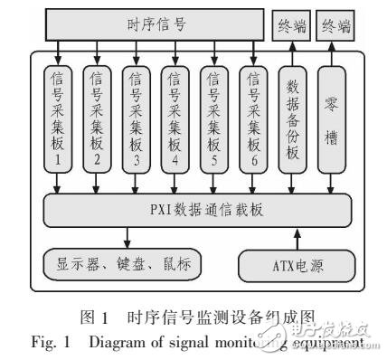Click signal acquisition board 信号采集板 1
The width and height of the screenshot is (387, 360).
(59, 120)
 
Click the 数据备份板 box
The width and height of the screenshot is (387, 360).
(292, 120)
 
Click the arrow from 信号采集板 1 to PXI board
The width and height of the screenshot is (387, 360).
(59, 187)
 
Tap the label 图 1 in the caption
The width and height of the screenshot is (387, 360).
(90, 321)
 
